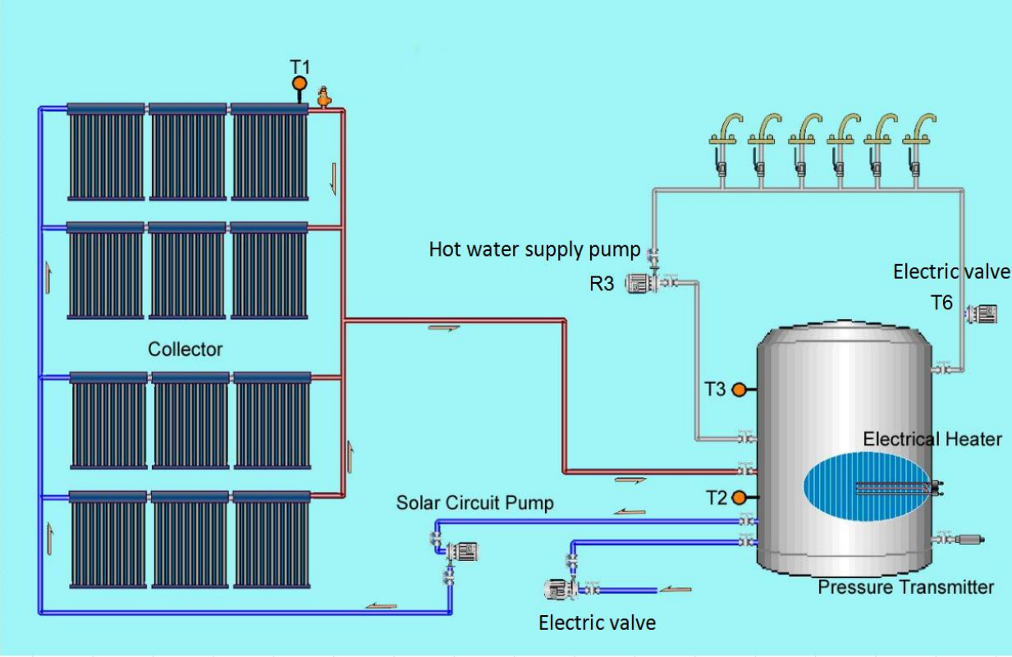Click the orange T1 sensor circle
(300, 83)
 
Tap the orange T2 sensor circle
(739, 497)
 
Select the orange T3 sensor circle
(739, 390)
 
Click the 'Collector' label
(185, 349)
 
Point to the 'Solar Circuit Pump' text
(474, 503)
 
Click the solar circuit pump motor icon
(464, 550)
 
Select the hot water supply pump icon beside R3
(639, 284)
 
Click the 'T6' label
(941, 303)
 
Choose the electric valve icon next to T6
(982, 313)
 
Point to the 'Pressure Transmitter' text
(905, 587)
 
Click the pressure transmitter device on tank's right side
(964, 540)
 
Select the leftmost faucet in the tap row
(723, 143)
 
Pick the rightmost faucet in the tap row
(916, 143)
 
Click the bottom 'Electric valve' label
(597, 623)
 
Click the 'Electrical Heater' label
(932, 440)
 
